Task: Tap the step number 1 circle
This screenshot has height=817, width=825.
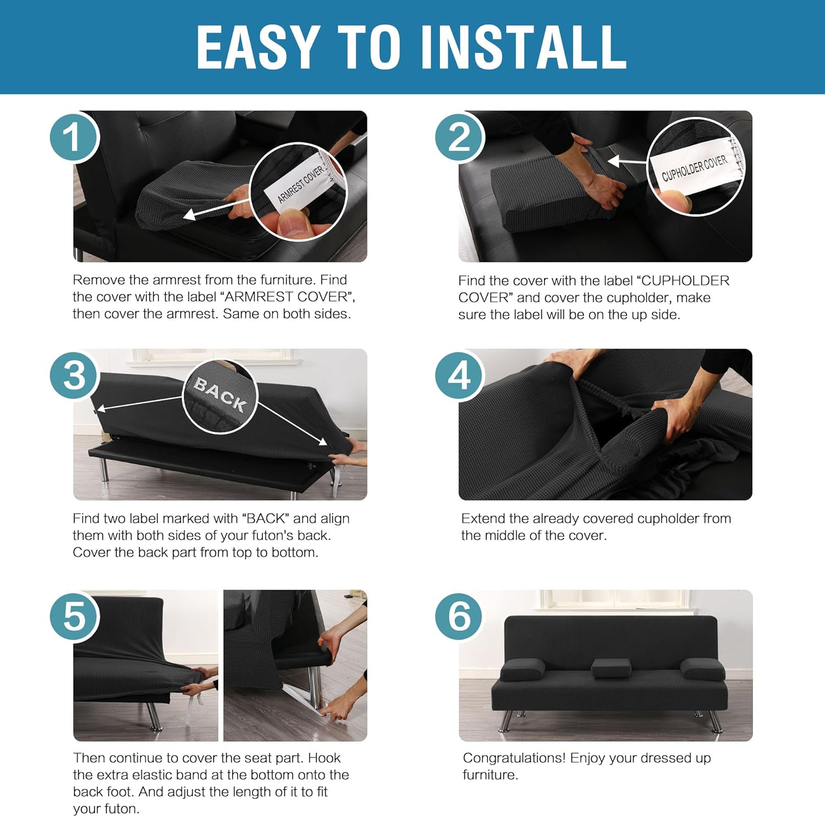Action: coord(74,137)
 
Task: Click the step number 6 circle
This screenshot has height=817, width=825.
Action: coord(459,615)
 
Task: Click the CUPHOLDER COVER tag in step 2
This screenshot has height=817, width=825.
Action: coord(694,167)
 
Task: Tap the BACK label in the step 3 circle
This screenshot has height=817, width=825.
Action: coord(220,394)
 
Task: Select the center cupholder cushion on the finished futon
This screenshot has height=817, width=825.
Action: coord(611,668)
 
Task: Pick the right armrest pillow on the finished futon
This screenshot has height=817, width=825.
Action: coord(702,668)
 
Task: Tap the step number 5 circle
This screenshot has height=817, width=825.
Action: coord(74,615)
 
